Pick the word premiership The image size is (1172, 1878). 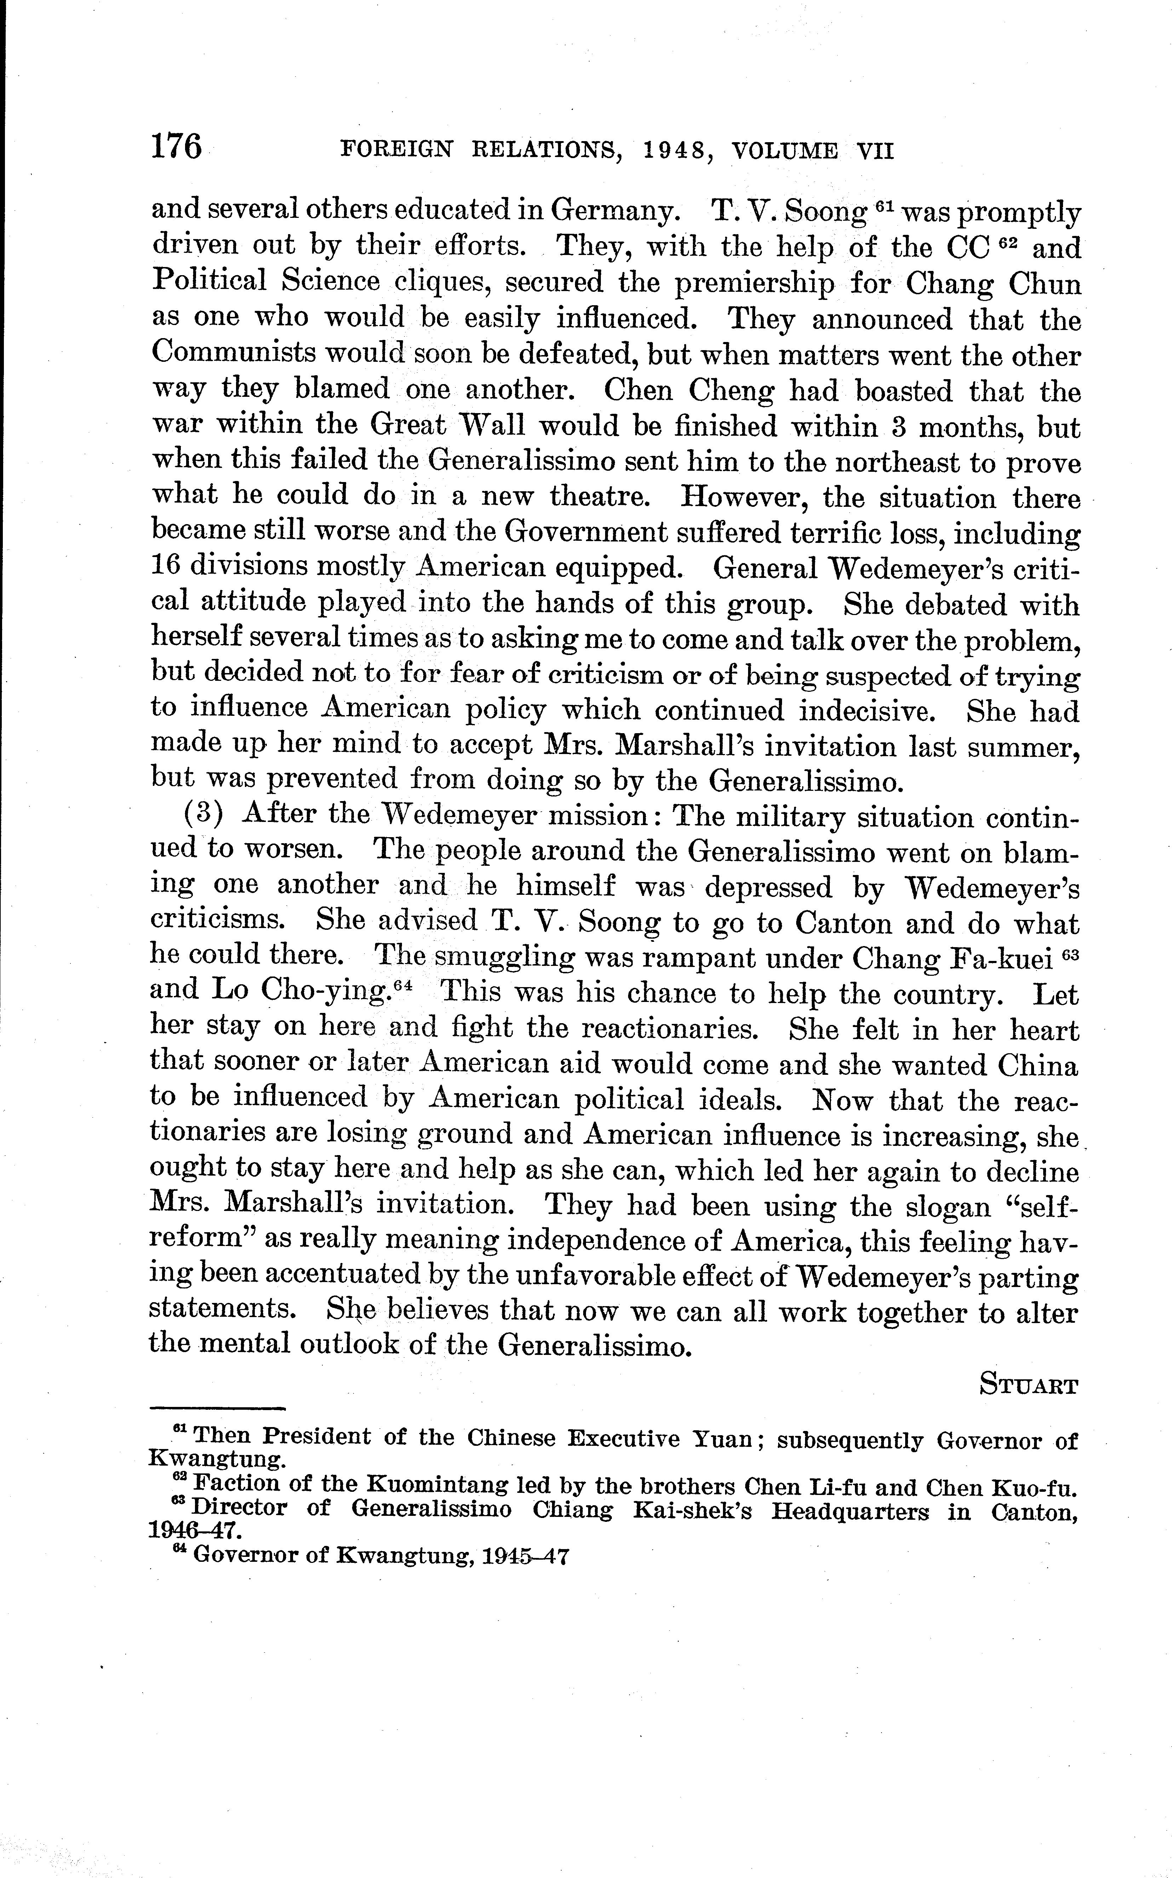[x=754, y=284]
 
